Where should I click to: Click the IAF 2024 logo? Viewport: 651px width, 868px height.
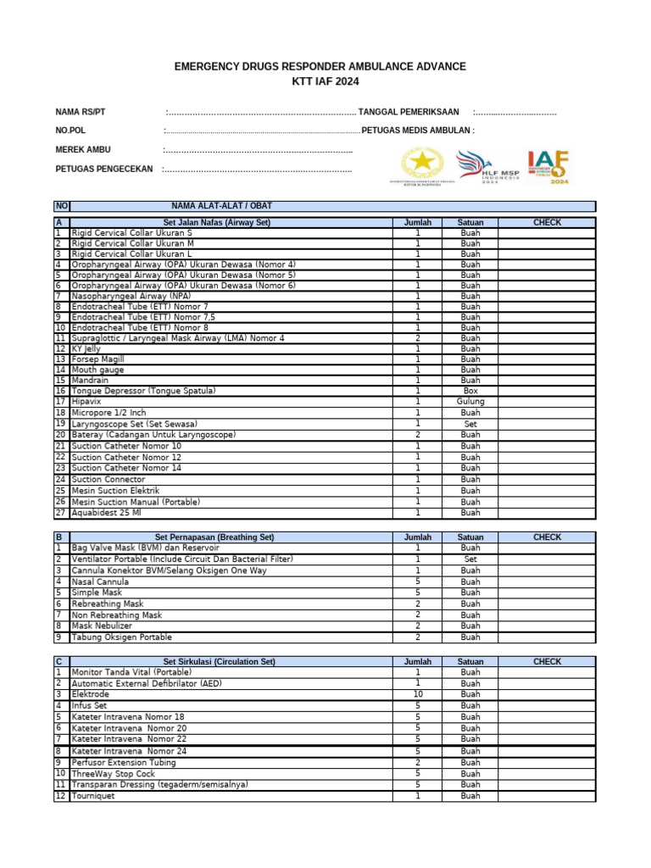(548, 167)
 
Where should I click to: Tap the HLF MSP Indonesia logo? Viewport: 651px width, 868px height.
(487, 167)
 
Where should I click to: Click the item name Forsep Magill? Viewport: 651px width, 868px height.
(97, 359)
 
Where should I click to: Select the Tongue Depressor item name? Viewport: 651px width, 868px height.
(143, 391)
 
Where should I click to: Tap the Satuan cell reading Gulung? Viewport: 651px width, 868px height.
(470, 402)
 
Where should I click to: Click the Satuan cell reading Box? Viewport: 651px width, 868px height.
(470, 391)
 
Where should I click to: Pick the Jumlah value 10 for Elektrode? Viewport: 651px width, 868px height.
(417, 694)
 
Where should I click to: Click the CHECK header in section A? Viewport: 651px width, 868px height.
(547, 222)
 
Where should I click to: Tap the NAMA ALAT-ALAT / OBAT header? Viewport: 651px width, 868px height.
(221, 206)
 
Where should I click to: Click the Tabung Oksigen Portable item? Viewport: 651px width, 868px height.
(121, 637)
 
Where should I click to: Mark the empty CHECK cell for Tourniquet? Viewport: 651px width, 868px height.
(547, 796)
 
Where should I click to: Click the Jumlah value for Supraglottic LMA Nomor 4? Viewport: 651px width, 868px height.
(417, 338)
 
